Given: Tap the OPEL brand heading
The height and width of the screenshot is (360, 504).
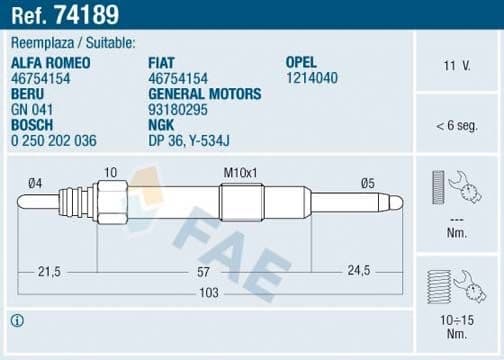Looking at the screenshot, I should coord(302,62).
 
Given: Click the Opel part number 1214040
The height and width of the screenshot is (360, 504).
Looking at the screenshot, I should coord(311,77).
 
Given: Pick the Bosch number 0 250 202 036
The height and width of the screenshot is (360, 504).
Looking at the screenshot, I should coord(54,140).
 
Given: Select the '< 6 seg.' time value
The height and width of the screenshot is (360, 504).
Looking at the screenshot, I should coord(456,126).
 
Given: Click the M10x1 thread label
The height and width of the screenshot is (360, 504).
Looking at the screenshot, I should coord(241,173).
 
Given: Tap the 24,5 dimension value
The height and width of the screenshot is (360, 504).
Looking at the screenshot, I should coord(357,271).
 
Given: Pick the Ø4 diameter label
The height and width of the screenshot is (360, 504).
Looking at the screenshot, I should coord(34,182).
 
